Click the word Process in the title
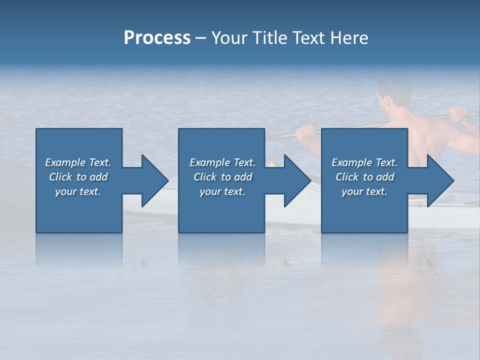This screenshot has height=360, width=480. point(157,38)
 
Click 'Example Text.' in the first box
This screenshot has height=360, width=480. point(78,162)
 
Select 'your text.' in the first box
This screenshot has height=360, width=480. point(78,191)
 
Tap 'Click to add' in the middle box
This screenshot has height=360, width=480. point(222,177)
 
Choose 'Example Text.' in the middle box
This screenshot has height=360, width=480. point(222,162)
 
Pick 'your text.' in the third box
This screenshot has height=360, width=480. point(364,191)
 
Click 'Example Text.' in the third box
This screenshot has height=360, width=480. point(364,162)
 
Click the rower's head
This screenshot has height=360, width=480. point(392,95)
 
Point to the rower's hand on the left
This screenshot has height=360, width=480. point(305,132)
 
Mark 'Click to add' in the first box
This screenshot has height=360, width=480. point(78,177)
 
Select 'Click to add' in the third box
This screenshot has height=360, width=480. point(364,177)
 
